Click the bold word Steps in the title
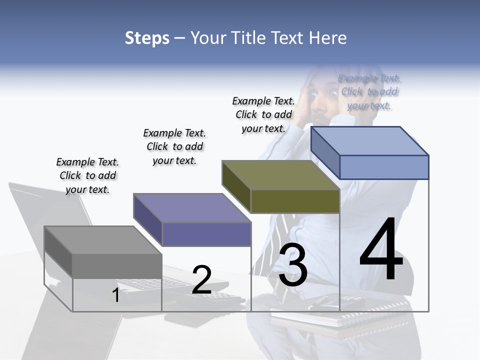coord(147,38)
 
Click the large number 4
coord(381,249)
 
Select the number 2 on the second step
coord(201,280)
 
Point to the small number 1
coord(115,295)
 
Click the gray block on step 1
coord(116,265)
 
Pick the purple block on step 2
coord(205,233)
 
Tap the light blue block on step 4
coord(383,166)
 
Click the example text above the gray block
coord(87,175)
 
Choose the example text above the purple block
coord(174,146)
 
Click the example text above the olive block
coord(263,114)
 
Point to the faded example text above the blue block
coord(369,91)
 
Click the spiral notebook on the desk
coord(370,312)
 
